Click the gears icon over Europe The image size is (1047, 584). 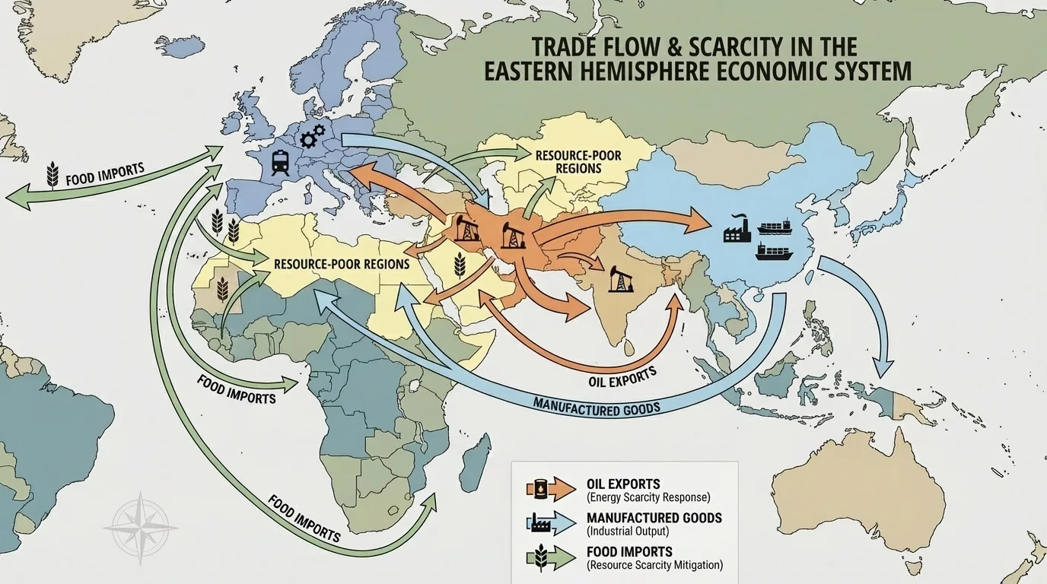[312, 137]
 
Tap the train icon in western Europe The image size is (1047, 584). [279, 161]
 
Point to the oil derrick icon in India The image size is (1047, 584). [618, 281]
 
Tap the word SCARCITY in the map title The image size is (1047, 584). [728, 46]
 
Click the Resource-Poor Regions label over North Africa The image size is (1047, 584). [341, 265]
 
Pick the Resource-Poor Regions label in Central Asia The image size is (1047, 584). [578, 161]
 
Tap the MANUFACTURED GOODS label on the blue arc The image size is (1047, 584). [595, 403]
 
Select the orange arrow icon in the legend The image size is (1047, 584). [551, 490]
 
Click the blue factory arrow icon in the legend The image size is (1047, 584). [551, 523]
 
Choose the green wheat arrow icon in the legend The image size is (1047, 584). [551, 557]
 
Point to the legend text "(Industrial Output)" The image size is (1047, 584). [628, 531]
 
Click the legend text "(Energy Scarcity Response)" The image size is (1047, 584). [648, 497]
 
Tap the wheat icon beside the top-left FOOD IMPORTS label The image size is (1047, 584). [53, 174]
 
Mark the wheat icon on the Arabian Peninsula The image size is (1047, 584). [460, 265]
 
